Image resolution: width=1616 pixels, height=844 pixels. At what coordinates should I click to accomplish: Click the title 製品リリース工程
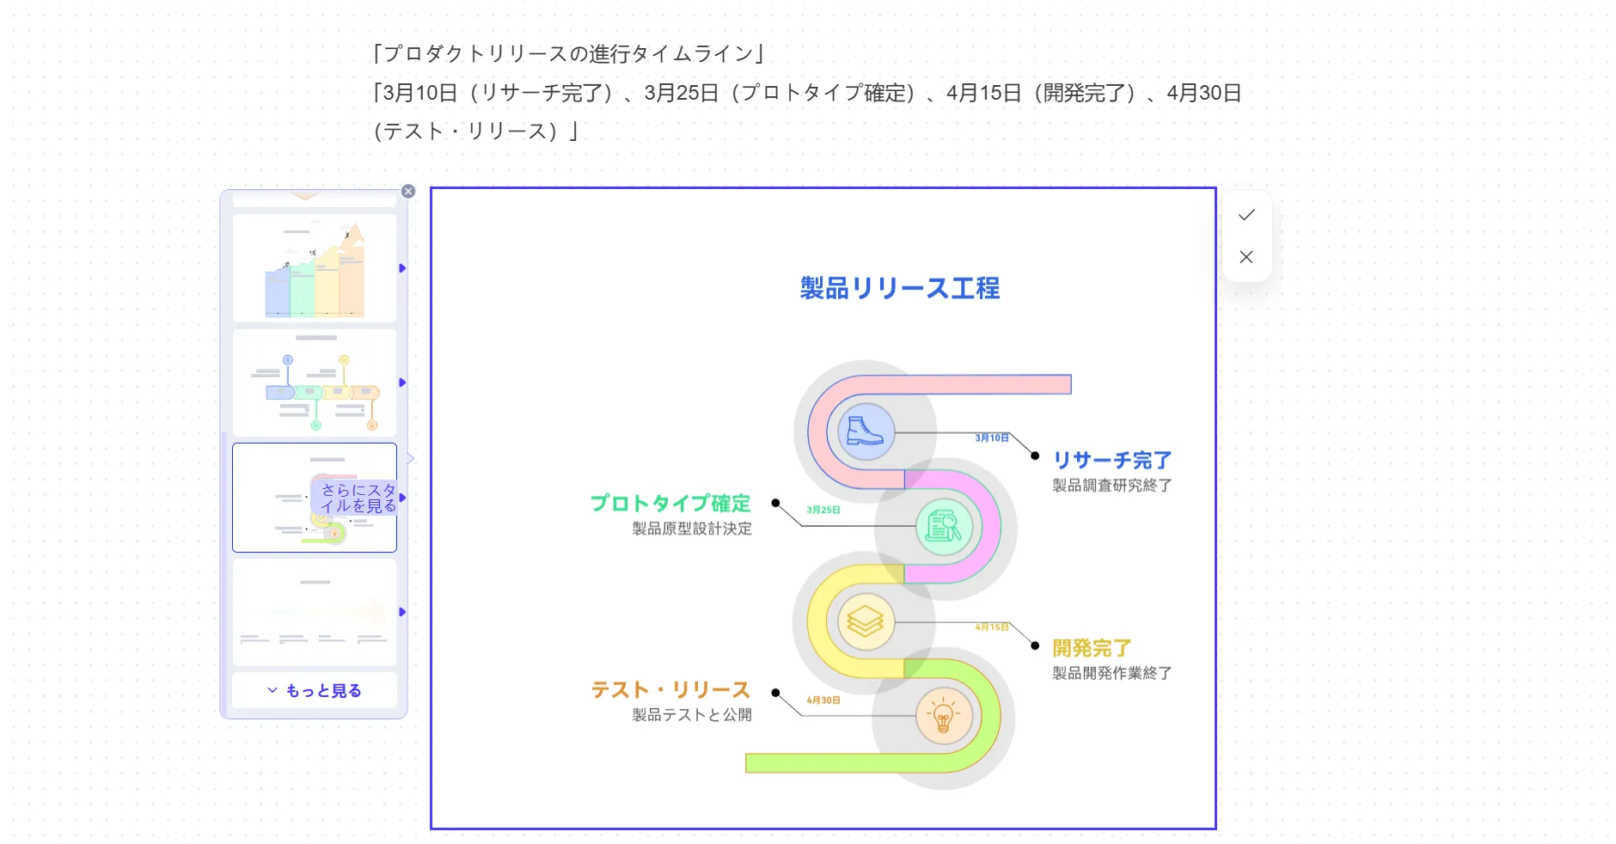[899, 288]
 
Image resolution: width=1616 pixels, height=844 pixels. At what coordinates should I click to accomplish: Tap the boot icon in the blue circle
[865, 431]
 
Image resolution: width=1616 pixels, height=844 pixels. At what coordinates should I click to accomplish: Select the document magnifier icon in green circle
[943, 526]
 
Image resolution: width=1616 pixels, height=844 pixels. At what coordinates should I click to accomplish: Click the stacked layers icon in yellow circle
[865, 621]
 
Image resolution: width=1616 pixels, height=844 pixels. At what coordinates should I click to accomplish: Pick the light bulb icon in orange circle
[943, 715]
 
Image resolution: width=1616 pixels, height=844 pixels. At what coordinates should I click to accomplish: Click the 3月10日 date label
[991, 438]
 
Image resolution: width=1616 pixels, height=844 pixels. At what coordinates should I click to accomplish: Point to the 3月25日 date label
[823, 511]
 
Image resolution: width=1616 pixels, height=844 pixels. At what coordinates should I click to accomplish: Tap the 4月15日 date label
[991, 627]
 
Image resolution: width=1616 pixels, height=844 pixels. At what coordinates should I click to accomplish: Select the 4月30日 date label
[823, 700]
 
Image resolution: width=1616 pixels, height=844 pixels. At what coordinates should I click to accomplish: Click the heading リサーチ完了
[1111, 461]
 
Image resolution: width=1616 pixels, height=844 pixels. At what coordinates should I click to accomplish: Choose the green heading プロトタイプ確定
[670, 503]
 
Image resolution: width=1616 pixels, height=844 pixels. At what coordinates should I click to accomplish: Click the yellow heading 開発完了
[1092, 648]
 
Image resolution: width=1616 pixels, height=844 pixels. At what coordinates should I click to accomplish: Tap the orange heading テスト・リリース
[670, 690]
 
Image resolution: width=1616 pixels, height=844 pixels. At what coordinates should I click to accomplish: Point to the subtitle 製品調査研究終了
[1111, 486]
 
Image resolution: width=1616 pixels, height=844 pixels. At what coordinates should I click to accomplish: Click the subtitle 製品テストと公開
[692, 715]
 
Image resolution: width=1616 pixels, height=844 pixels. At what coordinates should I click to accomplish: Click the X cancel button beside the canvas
[1246, 257]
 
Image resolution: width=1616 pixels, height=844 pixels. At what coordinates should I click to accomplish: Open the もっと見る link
[315, 691]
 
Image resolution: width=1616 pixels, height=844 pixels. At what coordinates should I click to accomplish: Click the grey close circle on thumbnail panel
[408, 192]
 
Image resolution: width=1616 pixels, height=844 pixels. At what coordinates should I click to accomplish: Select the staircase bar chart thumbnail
[315, 268]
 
